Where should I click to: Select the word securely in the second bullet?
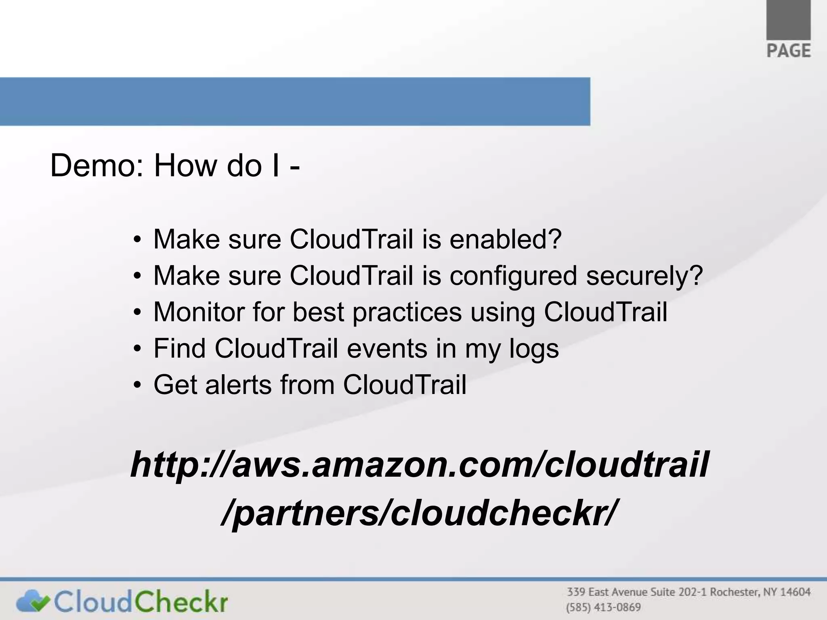coord(644,276)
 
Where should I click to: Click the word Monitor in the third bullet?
coord(199,312)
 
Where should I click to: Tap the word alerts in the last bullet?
coord(238,385)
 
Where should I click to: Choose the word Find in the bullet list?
coord(179,348)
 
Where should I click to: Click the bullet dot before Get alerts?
coord(138,385)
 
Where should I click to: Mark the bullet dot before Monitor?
coord(138,313)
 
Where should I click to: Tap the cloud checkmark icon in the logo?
coord(33,601)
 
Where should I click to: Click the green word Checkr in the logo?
coord(181,601)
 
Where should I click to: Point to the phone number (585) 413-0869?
coord(603,607)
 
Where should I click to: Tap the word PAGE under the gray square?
coord(788,51)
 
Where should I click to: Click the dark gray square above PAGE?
coord(788,19)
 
